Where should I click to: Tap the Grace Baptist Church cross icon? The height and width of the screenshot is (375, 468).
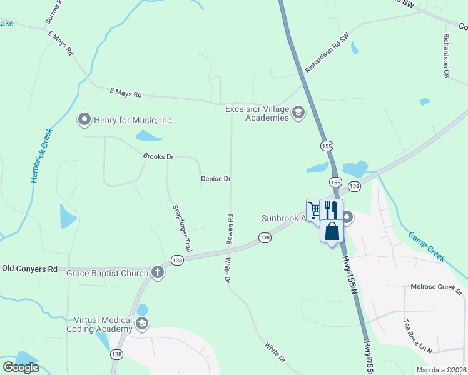tap(157, 272)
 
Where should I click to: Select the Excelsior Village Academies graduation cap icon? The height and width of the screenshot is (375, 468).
tap(298, 112)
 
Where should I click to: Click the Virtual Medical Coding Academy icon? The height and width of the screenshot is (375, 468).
tap(142, 323)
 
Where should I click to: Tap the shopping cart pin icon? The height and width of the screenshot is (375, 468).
tap(314, 209)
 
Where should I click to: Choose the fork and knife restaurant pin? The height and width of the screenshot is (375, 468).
tap(332, 209)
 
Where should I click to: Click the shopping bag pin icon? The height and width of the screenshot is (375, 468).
tap(332, 231)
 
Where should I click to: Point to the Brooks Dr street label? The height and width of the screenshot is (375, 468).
tap(158, 157)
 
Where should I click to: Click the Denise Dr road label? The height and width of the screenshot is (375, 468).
tap(216, 179)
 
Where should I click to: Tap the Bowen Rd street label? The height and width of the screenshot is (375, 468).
tap(230, 229)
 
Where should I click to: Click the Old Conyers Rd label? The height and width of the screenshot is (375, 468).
tap(29, 269)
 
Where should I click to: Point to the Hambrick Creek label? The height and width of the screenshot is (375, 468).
tap(41, 156)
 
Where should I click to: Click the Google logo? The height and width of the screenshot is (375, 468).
tap(21, 367)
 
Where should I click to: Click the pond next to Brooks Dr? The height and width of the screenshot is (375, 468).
tap(148, 136)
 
